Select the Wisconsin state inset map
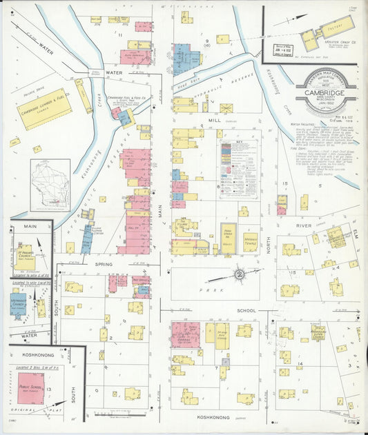pyautogui.click(x=50, y=184)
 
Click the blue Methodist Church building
pyautogui.click(x=19, y=303)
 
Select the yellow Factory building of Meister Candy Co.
pyautogui.click(x=336, y=27)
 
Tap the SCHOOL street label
pyautogui.click(x=246, y=311)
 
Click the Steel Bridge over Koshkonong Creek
pyautogui.click(x=96, y=72)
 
